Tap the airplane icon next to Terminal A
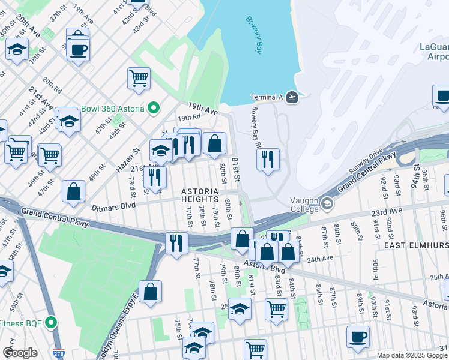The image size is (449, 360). pos(292,97)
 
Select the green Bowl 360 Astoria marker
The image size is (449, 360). pos(154,109)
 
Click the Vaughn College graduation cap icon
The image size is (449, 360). pos(327,203)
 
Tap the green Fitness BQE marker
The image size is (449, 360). pos(52,323)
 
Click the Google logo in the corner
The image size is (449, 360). pos(20,353)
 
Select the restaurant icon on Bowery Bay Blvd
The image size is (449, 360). pos(268,159)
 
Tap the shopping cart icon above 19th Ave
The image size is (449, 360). pos(139,77)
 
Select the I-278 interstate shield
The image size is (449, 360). pos(58,354)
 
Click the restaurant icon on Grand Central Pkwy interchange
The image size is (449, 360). pos(176,243)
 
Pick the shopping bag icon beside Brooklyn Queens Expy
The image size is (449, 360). pos(151,291)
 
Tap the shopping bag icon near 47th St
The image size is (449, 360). pos(73,191)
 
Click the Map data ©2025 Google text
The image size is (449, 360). pos(411,355)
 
